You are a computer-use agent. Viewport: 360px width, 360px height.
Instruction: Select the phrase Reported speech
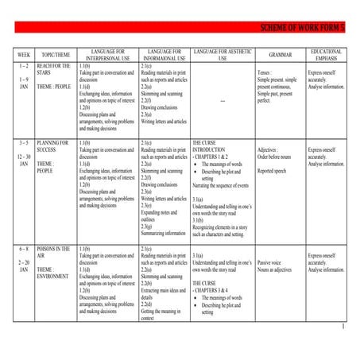tap(275, 170)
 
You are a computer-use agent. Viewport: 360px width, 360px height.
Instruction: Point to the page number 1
tap(343, 327)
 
